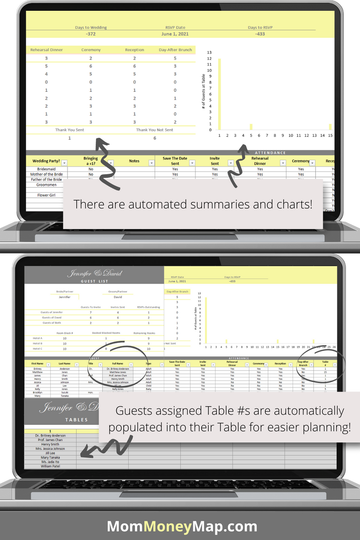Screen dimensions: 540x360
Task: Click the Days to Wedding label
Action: click(91, 27)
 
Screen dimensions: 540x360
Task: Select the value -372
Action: click(90, 34)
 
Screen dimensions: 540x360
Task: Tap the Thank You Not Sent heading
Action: click(154, 130)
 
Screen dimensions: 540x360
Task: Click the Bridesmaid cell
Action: click(46, 169)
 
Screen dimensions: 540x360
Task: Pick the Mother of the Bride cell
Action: click(46, 174)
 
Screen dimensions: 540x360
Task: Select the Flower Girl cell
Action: click(46, 195)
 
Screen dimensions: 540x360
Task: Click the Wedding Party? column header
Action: click(44, 161)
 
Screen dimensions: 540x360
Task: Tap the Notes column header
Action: click(134, 161)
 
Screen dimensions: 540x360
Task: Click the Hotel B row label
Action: click(38, 343)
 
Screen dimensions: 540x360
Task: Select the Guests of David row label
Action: click(52, 317)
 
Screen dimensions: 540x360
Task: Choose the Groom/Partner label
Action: click(117, 292)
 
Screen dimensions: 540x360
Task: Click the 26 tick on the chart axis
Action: click(333, 347)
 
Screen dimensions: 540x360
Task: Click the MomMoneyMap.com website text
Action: click(182, 526)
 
